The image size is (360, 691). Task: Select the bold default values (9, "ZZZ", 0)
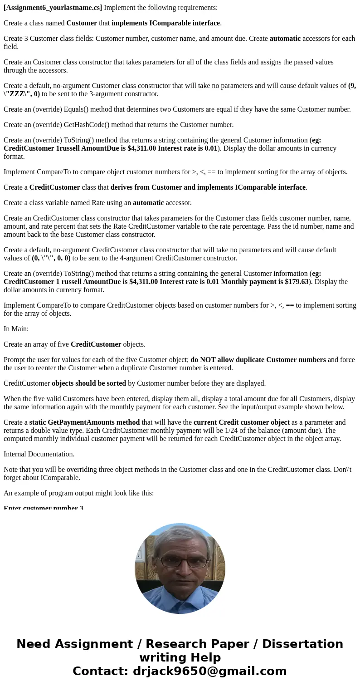pos(22,94)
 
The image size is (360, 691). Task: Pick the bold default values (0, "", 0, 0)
pos(51,258)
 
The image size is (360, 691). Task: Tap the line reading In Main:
pos(16,329)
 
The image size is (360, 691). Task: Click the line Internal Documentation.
pos(39,454)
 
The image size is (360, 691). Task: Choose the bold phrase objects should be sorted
pos(89,383)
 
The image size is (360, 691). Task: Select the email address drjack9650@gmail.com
pos(210,671)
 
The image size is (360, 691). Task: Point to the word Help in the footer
pos(202,657)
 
